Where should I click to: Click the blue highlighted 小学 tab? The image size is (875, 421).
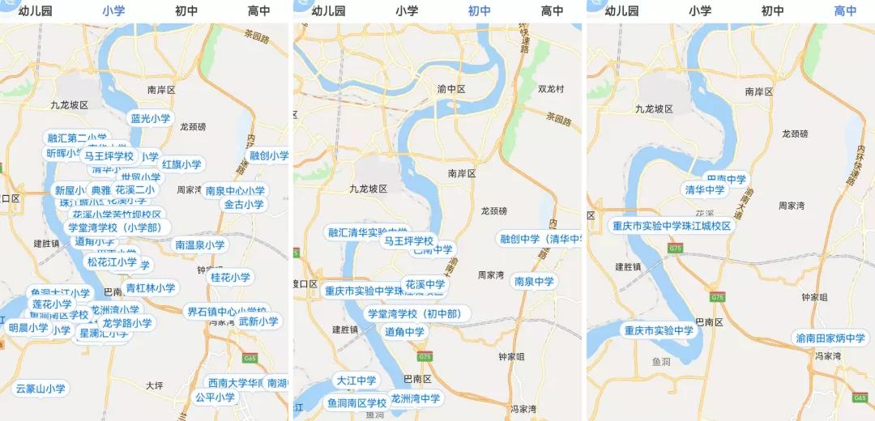click(x=113, y=11)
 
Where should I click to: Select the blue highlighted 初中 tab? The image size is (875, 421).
click(x=480, y=11)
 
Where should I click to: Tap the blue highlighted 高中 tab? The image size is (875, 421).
click(x=845, y=11)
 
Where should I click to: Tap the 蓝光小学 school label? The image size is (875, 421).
click(x=152, y=118)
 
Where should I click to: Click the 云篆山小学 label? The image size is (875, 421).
click(x=41, y=389)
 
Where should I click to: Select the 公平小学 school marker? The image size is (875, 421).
click(x=215, y=398)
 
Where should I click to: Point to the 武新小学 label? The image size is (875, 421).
click(x=258, y=321)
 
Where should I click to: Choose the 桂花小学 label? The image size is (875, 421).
click(x=231, y=277)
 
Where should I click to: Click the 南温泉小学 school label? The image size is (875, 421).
click(x=200, y=245)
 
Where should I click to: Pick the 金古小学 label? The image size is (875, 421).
click(x=244, y=205)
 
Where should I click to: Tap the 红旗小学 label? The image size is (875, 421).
click(x=181, y=164)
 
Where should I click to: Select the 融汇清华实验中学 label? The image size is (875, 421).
click(x=368, y=232)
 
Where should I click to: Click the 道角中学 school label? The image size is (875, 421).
click(x=404, y=331)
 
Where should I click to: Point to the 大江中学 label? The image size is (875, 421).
click(x=356, y=380)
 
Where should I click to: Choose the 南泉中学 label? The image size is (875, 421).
click(x=534, y=281)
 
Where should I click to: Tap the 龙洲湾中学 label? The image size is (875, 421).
click(x=415, y=398)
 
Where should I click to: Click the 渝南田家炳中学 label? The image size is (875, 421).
click(x=830, y=338)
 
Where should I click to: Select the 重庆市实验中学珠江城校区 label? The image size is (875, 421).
click(x=672, y=226)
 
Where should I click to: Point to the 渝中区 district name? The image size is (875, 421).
click(x=451, y=89)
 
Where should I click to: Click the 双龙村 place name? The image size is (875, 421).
click(x=551, y=88)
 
